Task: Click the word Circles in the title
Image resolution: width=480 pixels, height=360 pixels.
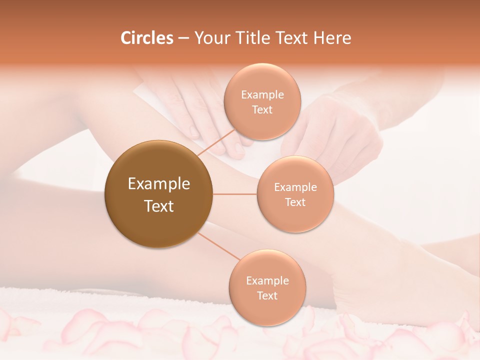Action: point(147,38)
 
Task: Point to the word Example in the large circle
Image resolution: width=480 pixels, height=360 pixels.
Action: point(159,184)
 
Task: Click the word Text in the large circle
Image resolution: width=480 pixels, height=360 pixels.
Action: point(159,206)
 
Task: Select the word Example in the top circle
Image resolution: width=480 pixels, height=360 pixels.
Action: point(262,95)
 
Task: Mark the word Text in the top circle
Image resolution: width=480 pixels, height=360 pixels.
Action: point(262,109)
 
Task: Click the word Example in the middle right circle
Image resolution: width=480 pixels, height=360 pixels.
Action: point(295,187)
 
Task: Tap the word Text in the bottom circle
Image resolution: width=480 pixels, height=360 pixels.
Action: point(267,295)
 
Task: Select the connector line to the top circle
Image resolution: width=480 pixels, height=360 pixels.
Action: point(215,143)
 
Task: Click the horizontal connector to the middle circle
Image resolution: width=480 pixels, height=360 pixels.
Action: point(234,194)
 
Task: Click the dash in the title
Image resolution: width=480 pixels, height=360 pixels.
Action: point(183,38)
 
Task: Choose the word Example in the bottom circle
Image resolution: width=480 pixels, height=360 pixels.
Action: point(267,281)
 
